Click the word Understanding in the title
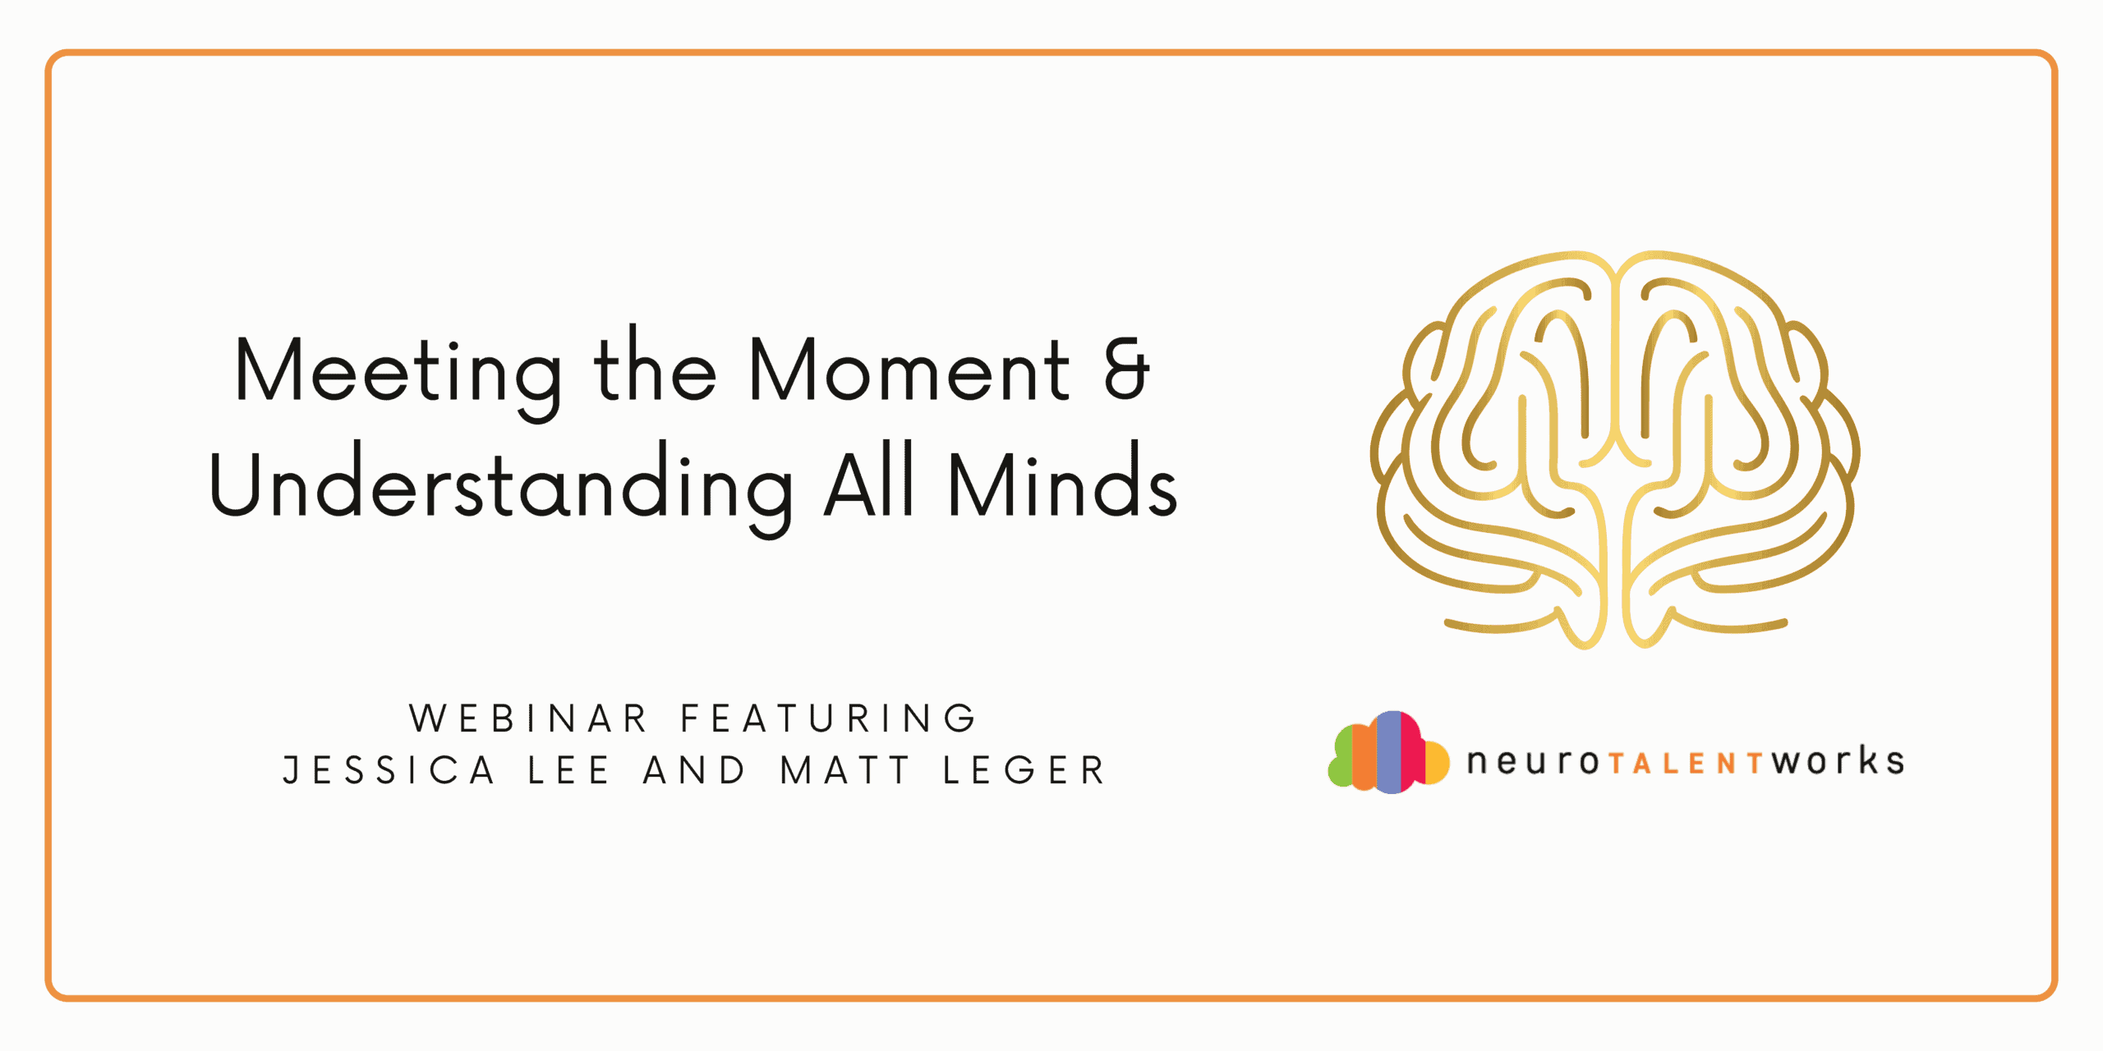pos(501,486)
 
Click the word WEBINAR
pos(528,718)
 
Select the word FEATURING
pos(828,718)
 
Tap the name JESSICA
pos(389,770)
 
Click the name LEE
pos(568,770)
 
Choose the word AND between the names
pos(694,770)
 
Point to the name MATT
pos(845,770)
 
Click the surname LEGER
pos(1024,770)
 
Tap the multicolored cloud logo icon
pos(1388,752)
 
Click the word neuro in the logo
pos(1533,762)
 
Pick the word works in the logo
pos(1838,761)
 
